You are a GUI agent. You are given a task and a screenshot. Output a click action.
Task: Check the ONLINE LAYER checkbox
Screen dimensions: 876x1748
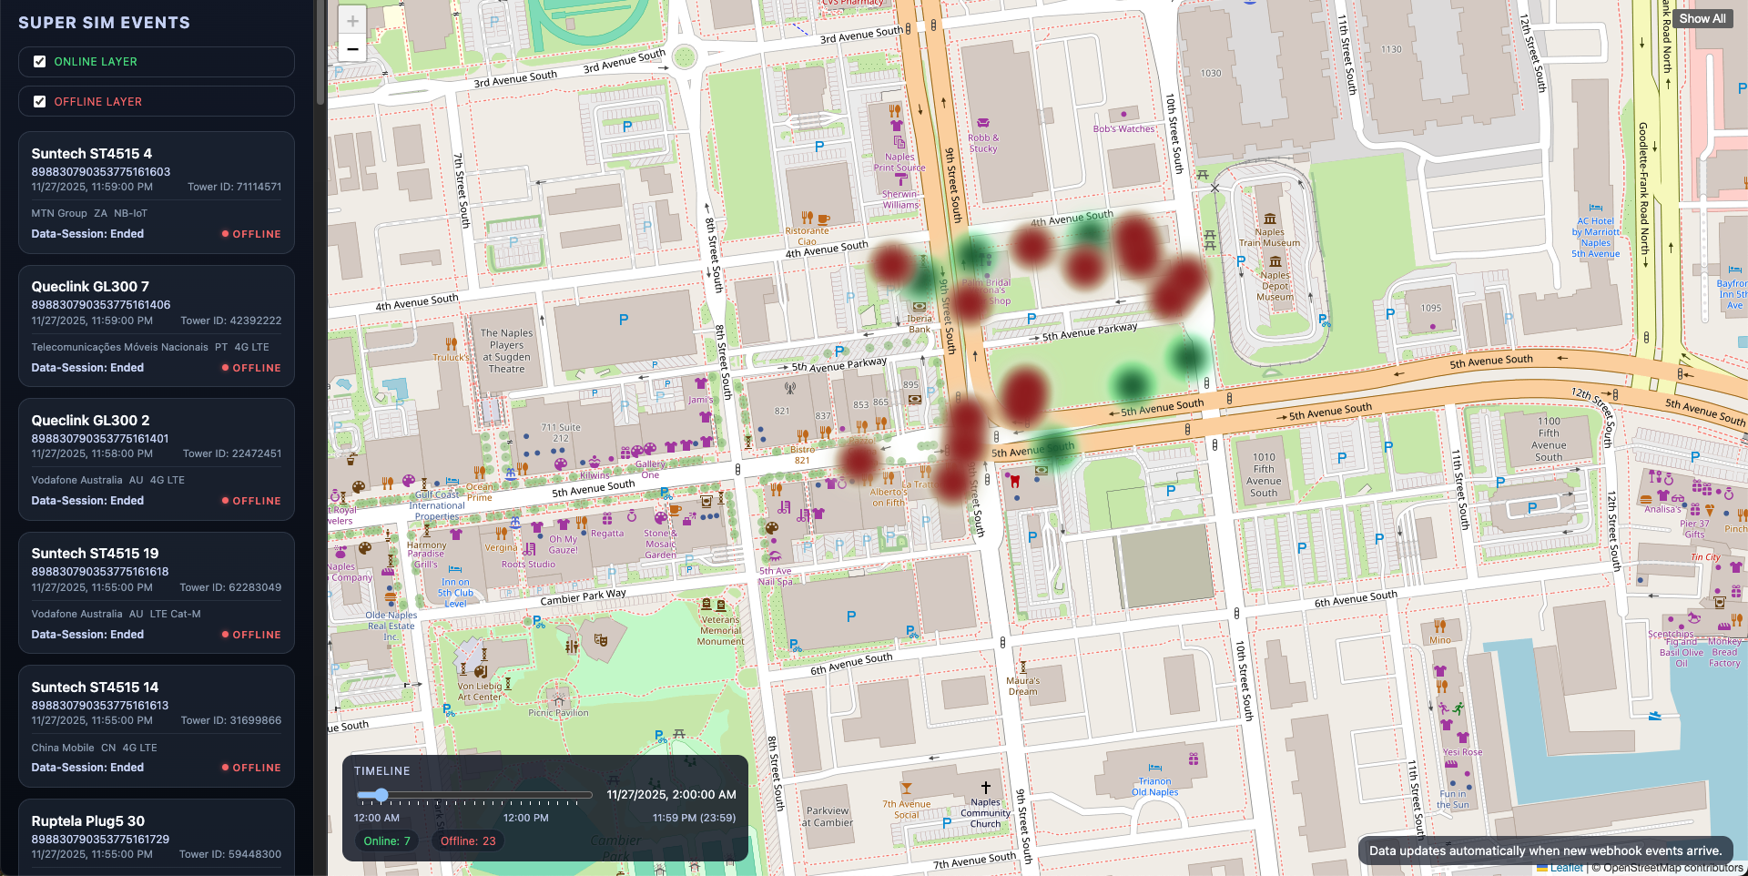tap(39, 62)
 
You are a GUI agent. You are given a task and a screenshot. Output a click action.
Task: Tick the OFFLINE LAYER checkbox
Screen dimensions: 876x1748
tap(39, 102)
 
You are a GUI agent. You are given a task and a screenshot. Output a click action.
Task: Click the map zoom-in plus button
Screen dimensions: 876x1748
tap(352, 20)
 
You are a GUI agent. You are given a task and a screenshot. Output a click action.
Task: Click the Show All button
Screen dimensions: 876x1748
tap(1702, 18)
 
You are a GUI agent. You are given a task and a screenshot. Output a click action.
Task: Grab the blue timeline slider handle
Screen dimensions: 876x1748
tap(381, 795)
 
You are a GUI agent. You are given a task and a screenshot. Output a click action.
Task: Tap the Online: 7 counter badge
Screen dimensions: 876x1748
tap(387, 840)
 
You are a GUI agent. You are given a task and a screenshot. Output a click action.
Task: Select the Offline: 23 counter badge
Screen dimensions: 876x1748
tap(468, 840)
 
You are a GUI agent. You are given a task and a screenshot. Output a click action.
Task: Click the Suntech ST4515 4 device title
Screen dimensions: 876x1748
tap(91, 154)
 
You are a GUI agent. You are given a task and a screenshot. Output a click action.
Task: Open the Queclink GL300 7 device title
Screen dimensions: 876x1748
tap(90, 287)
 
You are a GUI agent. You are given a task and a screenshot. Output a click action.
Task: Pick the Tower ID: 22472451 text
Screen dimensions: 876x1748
tap(232, 453)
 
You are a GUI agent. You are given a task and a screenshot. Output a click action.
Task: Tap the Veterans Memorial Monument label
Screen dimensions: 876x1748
tap(720, 630)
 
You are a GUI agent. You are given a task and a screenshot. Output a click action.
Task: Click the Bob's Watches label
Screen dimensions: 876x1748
tap(1123, 129)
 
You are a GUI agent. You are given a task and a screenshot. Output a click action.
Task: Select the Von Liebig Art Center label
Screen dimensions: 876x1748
tap(479, 692)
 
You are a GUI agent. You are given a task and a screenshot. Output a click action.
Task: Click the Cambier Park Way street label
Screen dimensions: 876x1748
tap(583, 597)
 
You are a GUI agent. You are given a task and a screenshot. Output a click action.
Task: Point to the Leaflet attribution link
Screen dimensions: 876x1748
tap(1566, 868)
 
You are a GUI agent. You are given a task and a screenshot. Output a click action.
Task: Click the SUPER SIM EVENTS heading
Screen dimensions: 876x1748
tap(104, 23)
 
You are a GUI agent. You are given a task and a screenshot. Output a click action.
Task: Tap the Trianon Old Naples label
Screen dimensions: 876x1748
tap(1154, 787)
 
